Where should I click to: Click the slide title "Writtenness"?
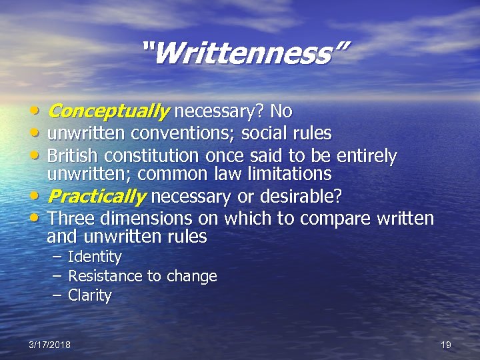(x=245, y=53)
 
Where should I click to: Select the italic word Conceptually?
(x=109, y=111)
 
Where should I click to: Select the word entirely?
(x=366, y=156)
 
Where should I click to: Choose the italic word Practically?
(x=97, y=197)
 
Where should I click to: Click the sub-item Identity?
(x=95, y=257)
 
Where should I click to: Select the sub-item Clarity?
(x=90, y=295)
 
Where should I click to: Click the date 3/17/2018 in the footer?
(x=49, y=345)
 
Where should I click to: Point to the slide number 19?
(x=446, y=345)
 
